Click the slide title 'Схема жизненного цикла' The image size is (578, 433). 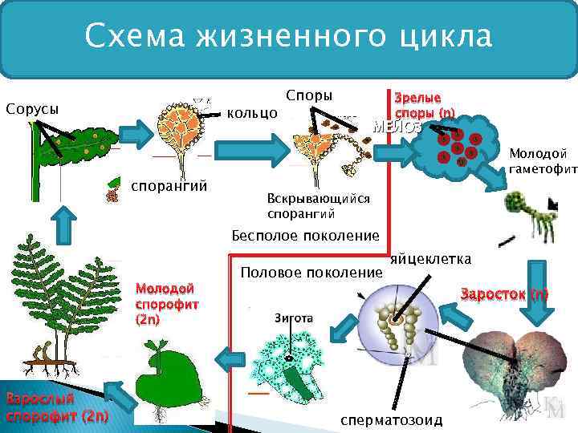click(x=288, y=36)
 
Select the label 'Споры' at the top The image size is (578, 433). click(x=309, y=94)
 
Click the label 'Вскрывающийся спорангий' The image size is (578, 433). click(x=318, y=206)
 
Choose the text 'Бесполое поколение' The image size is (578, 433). click(x=304, y=235)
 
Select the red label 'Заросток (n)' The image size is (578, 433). click(x=504, y=293)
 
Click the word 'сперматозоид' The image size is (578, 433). click(x=390, y=420)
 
